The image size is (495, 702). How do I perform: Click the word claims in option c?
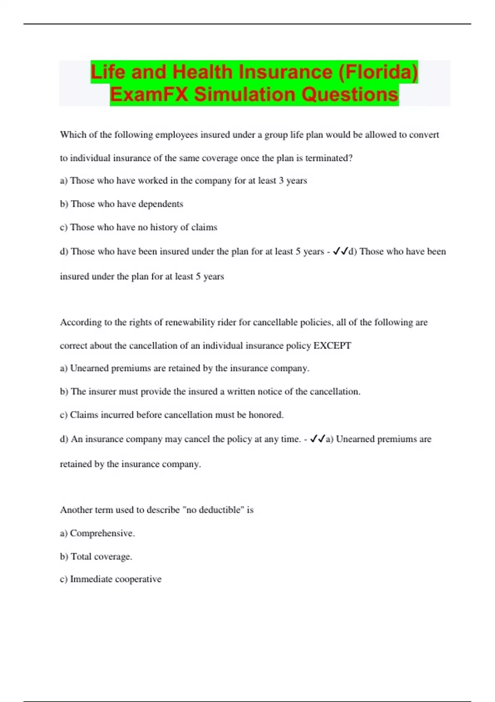[204, 227]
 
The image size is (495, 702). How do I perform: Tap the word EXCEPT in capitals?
[332, 346]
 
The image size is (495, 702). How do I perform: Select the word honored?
[266, 415]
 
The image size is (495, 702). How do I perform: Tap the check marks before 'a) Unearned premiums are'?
[317, 439]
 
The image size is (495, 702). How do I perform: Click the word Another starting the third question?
[75, 510]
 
